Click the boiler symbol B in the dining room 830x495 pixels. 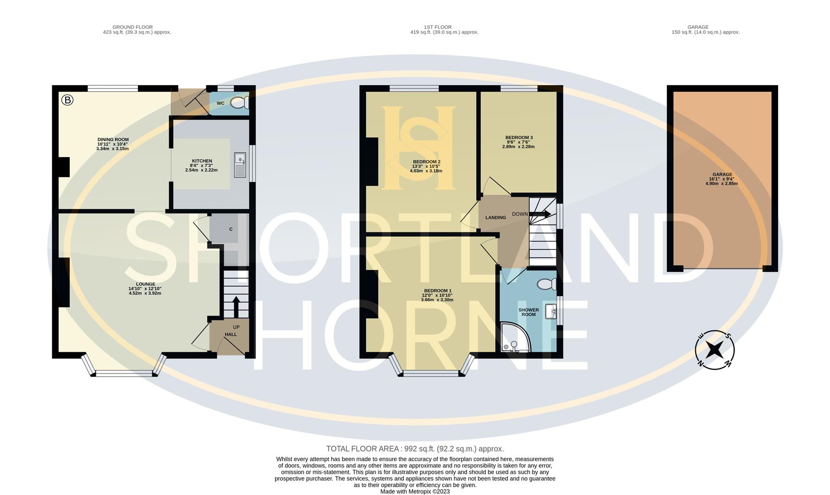(x=67, y=100)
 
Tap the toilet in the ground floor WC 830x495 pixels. (x=239, y=103)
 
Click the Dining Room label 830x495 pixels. (x=113, y=139)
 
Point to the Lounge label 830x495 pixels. (x=145, y=284)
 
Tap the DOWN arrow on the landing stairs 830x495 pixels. (x=540, y=214)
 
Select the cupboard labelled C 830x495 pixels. (x=231, y=229)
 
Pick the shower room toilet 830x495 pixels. (x=547, y=285)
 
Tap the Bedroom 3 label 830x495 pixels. (x=519, y=137)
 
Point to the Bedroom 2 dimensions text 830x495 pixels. (x=426, y=169)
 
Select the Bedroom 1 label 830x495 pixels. (x=438, y=291)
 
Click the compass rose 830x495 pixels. (x=714, y=350)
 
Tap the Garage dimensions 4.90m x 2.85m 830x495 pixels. (x=721, y=183)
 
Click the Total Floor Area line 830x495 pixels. (x=415, y=449)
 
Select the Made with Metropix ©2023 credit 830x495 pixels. (x=415, y=491)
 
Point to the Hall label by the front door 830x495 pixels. (x=231, y=335)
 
